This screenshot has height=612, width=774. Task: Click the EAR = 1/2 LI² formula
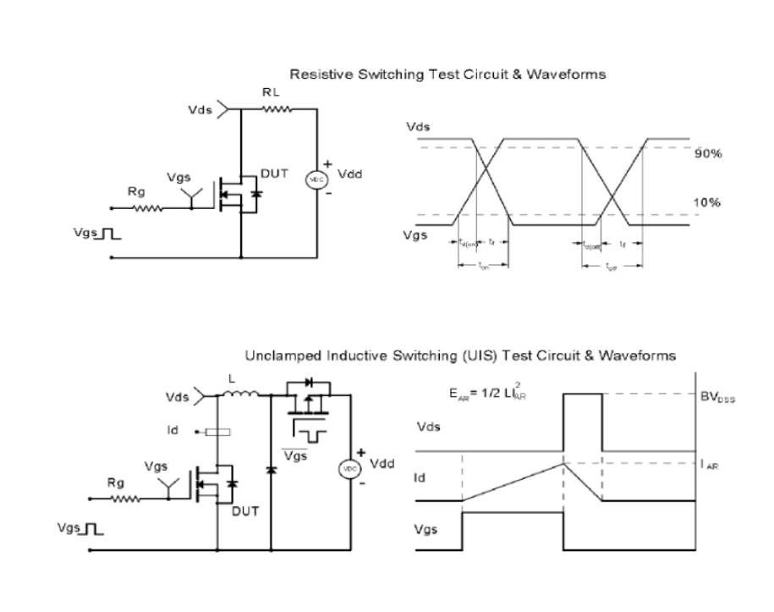(x=486, y=393)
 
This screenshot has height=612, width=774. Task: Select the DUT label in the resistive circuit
(x=274, y=173)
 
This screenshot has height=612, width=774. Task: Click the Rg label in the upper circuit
(x=137, y=192)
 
